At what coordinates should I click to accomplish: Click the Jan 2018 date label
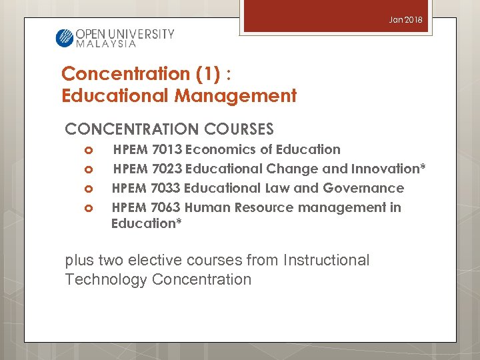coord(406,21)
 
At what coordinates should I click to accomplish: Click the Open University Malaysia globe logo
coord(64,37)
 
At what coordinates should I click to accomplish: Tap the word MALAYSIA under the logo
coord(106,44)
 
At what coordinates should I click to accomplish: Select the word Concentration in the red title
coord(116,73)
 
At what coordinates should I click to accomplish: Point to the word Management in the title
coord(235,96)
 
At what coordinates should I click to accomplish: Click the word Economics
coord(220,149)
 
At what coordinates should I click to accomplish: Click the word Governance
coord(363,188)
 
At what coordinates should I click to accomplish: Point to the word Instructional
coord(326,260)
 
